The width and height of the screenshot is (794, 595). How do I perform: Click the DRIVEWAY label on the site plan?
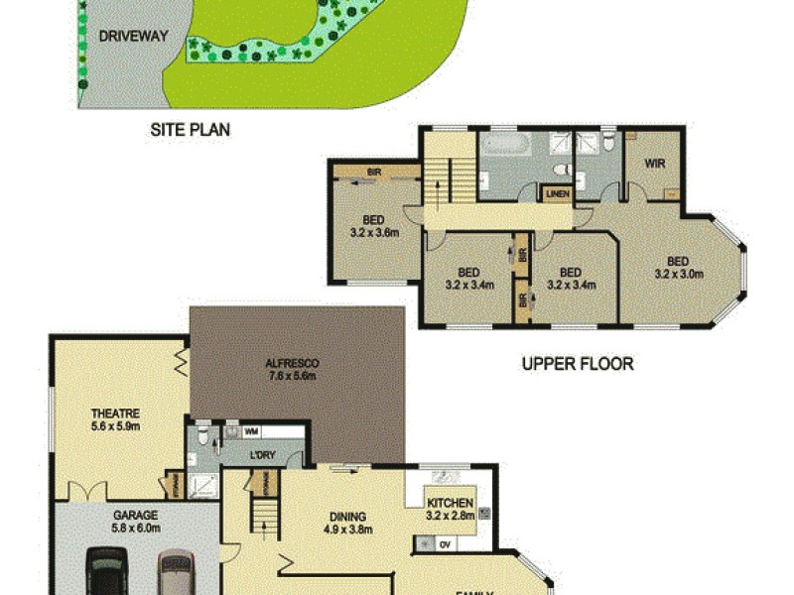(x=133, y=37)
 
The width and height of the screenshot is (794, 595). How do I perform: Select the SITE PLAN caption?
(x=190, y=129)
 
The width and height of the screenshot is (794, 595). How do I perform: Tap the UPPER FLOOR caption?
(x=578, y=364)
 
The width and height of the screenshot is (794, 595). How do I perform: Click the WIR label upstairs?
(x=654, y=162)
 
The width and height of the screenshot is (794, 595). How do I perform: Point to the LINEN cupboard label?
(x=557, y=193)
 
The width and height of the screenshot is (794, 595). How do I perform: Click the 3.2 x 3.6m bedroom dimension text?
(x=374, y=234)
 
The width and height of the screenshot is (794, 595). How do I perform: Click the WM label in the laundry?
(x=251, y=432)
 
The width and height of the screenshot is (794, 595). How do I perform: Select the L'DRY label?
(x=261, y=455)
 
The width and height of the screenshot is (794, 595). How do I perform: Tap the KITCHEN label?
(x=450, y=503)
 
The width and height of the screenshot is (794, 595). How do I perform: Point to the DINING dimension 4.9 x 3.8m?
(x=348, y=530)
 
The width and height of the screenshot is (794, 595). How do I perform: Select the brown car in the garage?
(x=175, y=574)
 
